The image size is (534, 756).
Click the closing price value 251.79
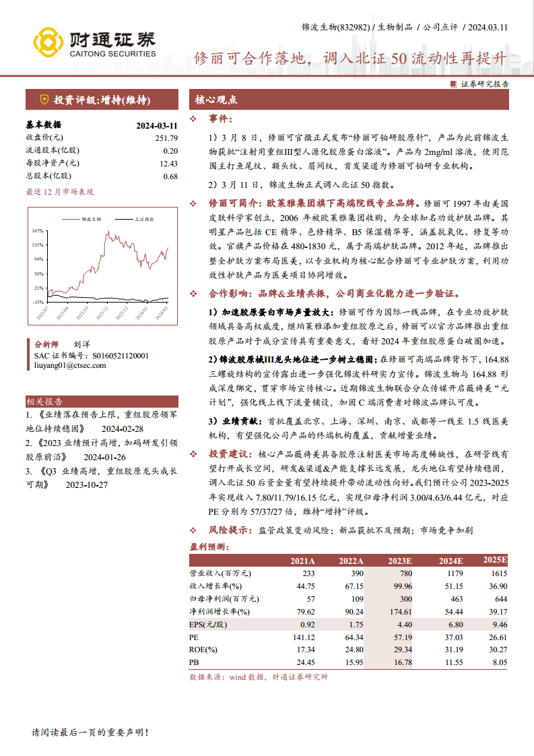(x=166, y=137)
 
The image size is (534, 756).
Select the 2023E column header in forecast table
(x=400, y=561)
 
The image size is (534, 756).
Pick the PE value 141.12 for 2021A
(x=302, y=637)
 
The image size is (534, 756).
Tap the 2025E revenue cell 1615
(x=496, y=573)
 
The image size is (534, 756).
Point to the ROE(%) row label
(x=203, y=650)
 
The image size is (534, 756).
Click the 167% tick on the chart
(x=38, y=230)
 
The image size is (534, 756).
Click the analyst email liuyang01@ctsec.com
(x=70, y=365)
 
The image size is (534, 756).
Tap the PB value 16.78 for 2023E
(x=401, y=662)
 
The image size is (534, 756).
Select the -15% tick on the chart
(x=38, y=302)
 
